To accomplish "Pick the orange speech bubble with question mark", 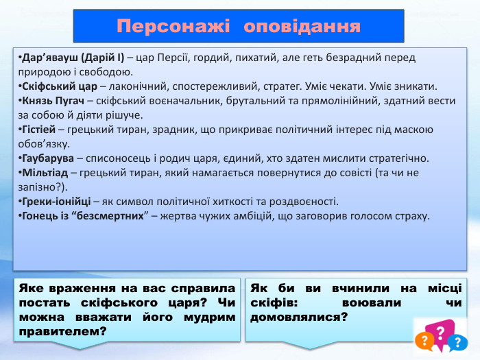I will click(426, 339).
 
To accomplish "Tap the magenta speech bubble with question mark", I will click(442, 331).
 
